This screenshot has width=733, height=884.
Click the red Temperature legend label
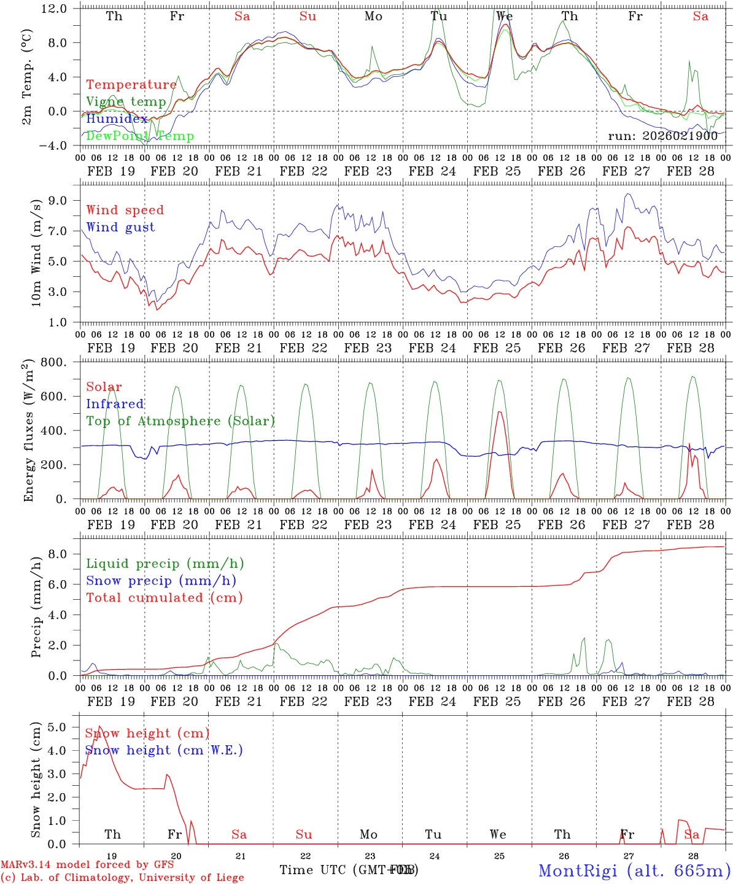131,85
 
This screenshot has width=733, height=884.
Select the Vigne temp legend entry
126,102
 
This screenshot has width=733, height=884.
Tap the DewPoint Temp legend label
140,136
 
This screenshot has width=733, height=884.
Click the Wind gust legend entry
120,227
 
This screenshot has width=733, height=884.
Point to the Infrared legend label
115,404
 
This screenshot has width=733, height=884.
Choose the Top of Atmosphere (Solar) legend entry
180,421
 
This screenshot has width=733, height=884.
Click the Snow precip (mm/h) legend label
161,581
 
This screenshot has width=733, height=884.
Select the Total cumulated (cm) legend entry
164,598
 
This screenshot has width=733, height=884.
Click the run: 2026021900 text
662,136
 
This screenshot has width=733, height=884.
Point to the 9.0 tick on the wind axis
59,201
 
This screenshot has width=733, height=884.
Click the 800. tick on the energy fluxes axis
53,362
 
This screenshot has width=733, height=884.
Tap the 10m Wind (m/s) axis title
36,252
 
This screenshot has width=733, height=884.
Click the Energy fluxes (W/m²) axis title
28,432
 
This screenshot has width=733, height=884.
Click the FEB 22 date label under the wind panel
304,348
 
